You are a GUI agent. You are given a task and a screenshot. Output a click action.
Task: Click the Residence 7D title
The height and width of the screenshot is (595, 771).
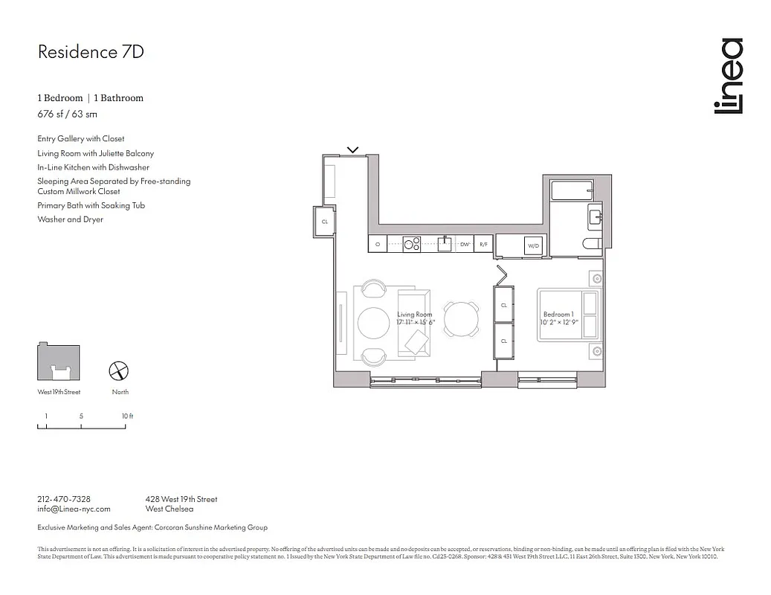click(x=90, y=51)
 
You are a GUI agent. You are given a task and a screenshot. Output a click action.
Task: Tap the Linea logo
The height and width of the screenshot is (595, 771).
click(x=728, y=76)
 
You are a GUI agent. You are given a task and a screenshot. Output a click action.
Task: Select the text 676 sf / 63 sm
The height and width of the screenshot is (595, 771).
click(x=67, y=114)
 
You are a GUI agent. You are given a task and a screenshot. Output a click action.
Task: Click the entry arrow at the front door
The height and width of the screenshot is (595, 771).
click(x=353, y=149)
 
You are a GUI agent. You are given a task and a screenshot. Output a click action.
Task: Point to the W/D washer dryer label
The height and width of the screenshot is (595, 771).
click(x=533, y=245)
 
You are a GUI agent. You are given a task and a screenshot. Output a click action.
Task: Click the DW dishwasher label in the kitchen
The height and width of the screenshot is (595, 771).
click(x=464, y=244)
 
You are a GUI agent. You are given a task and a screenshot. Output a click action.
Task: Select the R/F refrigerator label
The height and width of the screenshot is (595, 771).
click(x=483, y=244)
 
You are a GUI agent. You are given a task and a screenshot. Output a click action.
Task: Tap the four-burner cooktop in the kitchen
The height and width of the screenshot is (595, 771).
click(x=412, y=243)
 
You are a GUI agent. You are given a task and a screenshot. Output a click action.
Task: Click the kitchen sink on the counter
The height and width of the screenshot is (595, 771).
click(x=445, y=243)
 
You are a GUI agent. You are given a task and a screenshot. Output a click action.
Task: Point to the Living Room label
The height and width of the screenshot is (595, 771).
click(x=414, y=315)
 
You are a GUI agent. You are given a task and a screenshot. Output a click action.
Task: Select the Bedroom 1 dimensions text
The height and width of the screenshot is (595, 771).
click(x=561, y=323)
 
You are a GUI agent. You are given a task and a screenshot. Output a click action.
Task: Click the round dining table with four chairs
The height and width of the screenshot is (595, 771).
click(x=461, y=320)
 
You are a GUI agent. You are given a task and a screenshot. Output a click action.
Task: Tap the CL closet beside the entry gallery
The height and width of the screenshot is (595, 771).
click(x=325, y=222)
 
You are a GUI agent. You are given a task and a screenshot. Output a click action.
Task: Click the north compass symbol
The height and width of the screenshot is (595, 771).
click(x=120, y=371)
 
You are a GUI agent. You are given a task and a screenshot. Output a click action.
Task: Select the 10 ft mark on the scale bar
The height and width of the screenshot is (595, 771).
click(x=128, y=416)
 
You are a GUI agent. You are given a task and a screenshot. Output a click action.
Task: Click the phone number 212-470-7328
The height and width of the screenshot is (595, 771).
click(x=64, y=499)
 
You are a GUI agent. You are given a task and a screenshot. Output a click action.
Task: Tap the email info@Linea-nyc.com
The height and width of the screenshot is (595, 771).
click(x=74, y=509)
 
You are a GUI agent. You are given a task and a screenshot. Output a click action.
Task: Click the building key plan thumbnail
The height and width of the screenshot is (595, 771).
click(x=59, y=364)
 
